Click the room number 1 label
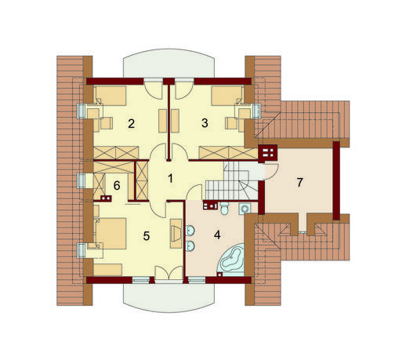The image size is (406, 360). (170, 179)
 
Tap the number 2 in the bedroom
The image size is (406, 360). (131, 123)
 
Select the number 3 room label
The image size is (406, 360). (205, 123)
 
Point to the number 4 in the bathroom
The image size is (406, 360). (217, 235)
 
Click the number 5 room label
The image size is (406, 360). (147, 236)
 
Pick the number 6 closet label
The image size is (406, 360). (117, 186)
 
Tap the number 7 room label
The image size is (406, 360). (299, 182)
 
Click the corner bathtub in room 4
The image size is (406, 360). (233, 260)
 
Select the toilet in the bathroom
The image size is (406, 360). (224, 209)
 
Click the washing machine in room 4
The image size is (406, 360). (245, 209)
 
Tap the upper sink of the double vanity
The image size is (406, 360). (190, 231)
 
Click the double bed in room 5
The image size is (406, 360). (111, 234)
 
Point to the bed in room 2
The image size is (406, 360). (110, 96)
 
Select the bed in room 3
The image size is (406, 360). (227, 96)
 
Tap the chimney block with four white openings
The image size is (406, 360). (267, 152)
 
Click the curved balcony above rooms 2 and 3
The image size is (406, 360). (169, 64)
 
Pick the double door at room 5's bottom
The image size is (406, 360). (169, 273)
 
